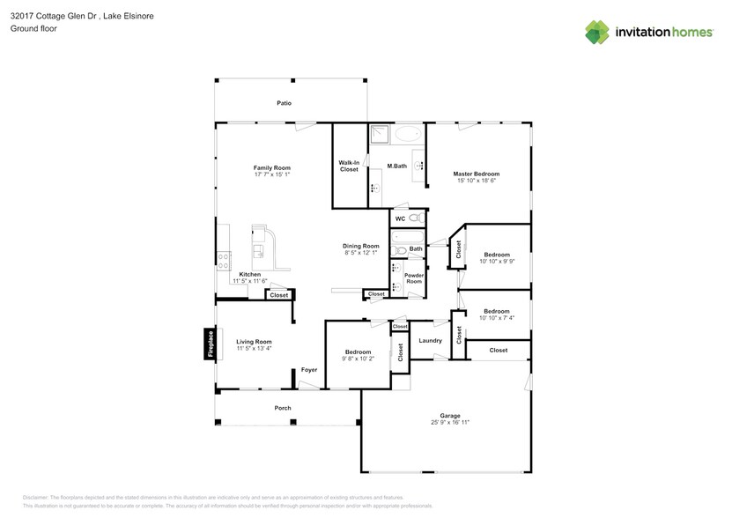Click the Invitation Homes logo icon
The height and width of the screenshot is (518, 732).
click(x=598, y=32)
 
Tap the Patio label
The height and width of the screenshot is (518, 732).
click(x=284, y=104)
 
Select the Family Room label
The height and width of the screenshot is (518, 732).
click(x=271, y=167)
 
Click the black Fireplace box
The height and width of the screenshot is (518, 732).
click(x=210, y=344)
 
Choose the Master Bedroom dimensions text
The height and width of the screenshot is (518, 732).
click(x=477, y=181)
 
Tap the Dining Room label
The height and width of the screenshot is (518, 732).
click(x=361, y=246)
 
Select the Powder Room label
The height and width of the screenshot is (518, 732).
click(x=413, y=278)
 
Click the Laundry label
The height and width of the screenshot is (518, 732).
click(x=430, y=340)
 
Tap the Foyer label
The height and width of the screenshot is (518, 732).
click(x=308, y=370)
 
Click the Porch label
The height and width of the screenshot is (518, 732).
click(x=283, y=408)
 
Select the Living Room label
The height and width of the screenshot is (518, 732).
click(x=254, y=341)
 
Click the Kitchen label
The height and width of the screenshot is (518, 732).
click(x=249, y=274)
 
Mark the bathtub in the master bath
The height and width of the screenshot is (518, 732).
click(x=407, y=135)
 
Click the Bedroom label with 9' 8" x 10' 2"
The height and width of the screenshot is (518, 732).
click(x=358, y=351)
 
